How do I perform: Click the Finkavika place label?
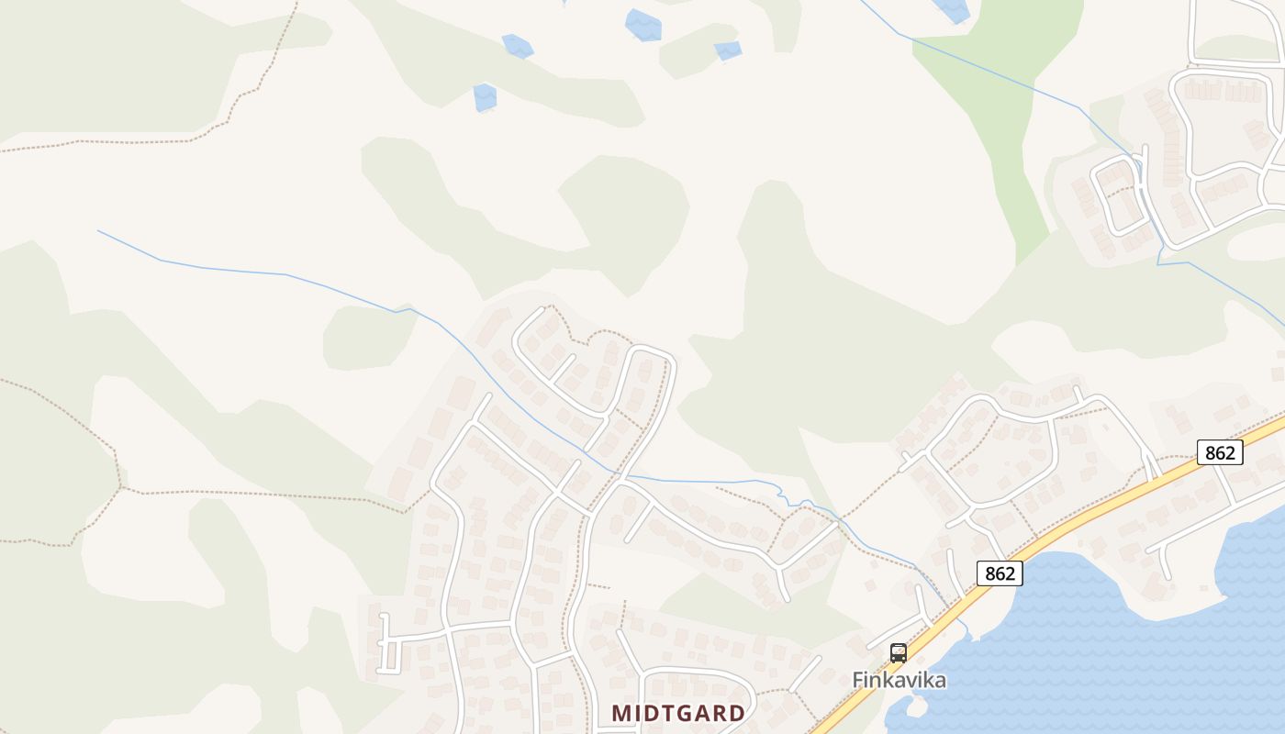tap(899, 680)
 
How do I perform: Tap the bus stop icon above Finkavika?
tap(899, 653)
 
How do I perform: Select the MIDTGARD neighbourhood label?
tap(678, 713)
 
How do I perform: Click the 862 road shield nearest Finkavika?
tap(1000, 573)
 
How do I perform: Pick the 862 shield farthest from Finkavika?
tap(1220, 452)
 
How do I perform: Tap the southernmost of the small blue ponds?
tap(484, 96)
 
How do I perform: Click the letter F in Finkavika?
tap(859, 681)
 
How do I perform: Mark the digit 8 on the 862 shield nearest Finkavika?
tap(989, 573)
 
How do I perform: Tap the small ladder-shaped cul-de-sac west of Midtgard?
tap(388, 642)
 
